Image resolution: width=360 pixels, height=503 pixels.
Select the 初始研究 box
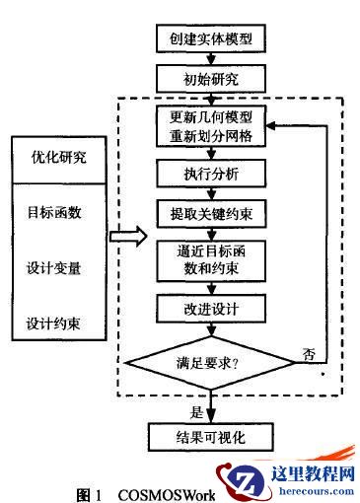211,76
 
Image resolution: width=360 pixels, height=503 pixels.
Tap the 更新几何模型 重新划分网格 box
211,126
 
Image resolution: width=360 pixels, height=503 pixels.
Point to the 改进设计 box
211,309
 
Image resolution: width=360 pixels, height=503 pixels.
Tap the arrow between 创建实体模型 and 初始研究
211,57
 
